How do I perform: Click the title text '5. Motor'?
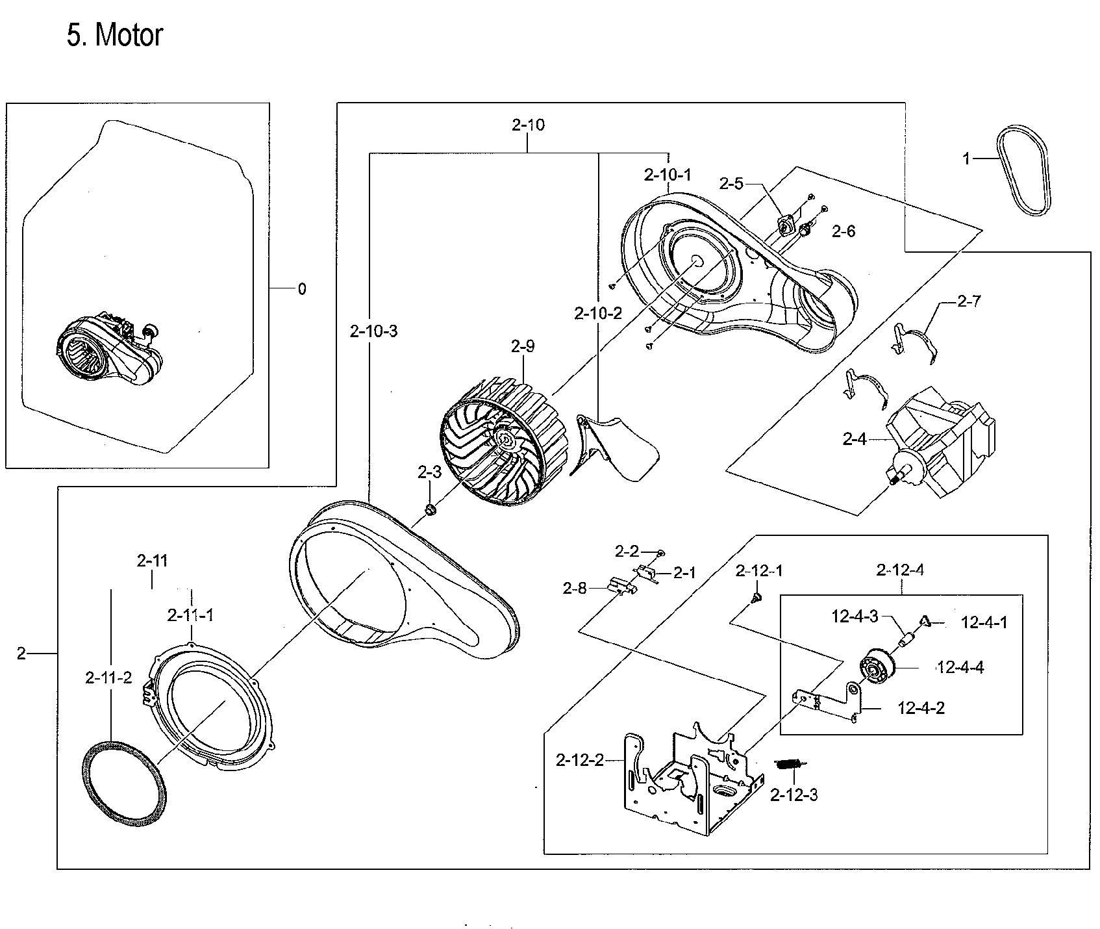[114, 35]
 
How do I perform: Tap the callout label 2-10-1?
[668, 174]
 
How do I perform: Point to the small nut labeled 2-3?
[429, 508]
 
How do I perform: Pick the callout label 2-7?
[969, 301]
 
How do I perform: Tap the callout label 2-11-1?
[190, 615]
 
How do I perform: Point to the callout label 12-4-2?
[921, 708]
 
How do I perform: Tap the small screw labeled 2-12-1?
[756, 596]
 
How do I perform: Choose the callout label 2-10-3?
[373, 331]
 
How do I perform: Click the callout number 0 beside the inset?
[302, 289]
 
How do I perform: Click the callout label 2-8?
[575, 589]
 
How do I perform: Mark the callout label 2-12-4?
[900, 570]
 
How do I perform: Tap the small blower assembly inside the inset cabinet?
[107, 351]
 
